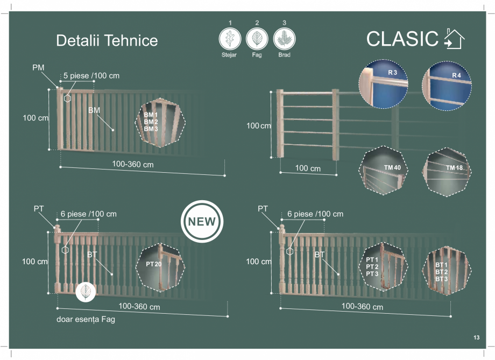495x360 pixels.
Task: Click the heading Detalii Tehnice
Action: tap(107, 41)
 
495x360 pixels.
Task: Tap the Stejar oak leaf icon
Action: tap(230, 39)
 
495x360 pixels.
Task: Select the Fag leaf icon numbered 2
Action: tap(257, 39)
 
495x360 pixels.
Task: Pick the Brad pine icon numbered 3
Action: tap(284, 39)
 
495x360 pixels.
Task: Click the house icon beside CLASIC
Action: tap(454, 39)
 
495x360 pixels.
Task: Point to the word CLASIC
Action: tap(402, 39)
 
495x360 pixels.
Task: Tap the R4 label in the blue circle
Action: tap(457, 75)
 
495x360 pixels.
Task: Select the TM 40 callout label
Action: tap(393, 168)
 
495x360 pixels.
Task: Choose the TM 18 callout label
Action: tap(455, 168)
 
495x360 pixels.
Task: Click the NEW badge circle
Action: tap(201, 222)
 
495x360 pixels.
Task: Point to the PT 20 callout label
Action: tap(153, 265)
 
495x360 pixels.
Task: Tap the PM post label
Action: tap(38, 67)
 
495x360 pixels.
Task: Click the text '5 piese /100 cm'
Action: tap(91, 76)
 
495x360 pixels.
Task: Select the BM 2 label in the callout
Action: tap(151, 122)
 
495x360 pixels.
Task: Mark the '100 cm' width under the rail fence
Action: tap(308, 168)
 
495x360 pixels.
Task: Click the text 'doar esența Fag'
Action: tap(86, 320)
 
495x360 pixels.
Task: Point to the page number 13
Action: tap(476, 338)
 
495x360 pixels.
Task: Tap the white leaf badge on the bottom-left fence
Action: tap(85, 292)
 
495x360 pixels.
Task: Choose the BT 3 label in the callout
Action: tap(441, 279)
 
